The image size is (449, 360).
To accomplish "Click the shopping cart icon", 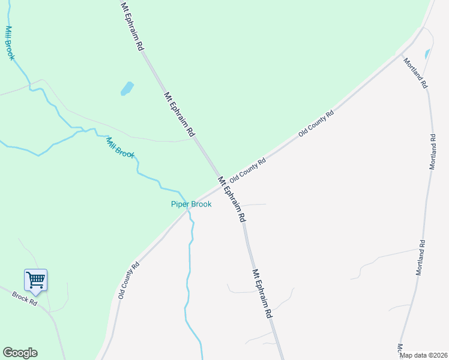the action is (35, 280).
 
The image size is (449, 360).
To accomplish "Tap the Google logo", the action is (20, 353).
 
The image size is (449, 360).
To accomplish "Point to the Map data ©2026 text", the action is (423, 355).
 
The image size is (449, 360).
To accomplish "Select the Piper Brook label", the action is (191, 204).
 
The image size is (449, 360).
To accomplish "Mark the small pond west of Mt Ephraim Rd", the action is (127, 89).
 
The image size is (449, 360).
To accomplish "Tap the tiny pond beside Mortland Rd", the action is (427, 54).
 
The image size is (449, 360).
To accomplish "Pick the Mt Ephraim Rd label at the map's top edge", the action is (133, 26).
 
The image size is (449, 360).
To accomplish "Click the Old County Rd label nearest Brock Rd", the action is (128, 280).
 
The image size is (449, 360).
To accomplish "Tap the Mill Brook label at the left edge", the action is (10, 43).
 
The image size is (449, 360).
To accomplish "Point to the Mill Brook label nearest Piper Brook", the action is (120, 148).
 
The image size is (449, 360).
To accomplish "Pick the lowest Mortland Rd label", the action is (421, 257).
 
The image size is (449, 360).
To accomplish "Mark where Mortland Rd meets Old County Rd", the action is (411, 47).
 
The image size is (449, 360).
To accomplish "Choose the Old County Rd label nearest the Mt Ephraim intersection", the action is (247, 169).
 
